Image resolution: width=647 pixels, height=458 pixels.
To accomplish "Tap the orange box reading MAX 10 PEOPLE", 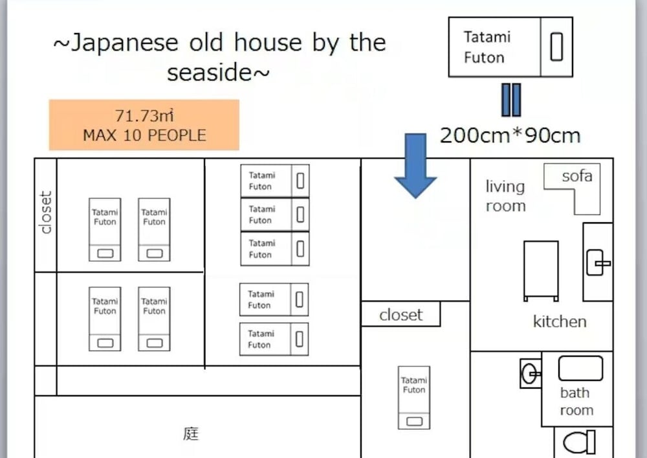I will pyautogui.click(x=144, y=124).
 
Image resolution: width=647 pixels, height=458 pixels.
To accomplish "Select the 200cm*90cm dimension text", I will pyautogui.click(x=510, y=135).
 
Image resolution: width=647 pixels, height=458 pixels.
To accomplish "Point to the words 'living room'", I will pyautogui.click(x=505, y=196).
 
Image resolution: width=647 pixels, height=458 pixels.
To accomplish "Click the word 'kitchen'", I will pyautogui.click(x=560, y=321).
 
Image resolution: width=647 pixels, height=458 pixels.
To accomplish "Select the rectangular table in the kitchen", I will pyautogui.click(x=541, y=270).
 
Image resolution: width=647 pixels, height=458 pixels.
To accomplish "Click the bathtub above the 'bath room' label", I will pyautogui.click(x=580, y=369).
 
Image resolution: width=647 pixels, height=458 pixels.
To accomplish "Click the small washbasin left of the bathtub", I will pyautogui.click(x=531, y=373).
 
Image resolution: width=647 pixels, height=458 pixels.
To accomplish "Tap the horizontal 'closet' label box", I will pyautogui.click(x=400, y=315).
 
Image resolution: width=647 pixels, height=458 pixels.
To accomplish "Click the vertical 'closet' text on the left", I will pyautogui.click(x=45, y=212).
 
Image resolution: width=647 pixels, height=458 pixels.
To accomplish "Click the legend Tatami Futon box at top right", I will pyautogui.click(x=510, y=47).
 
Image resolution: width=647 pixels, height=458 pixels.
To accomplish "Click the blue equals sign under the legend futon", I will pyautogui.click(x=510, y=100).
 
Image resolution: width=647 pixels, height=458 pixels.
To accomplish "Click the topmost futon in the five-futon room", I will pyautogui.click(x=275, y=181).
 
